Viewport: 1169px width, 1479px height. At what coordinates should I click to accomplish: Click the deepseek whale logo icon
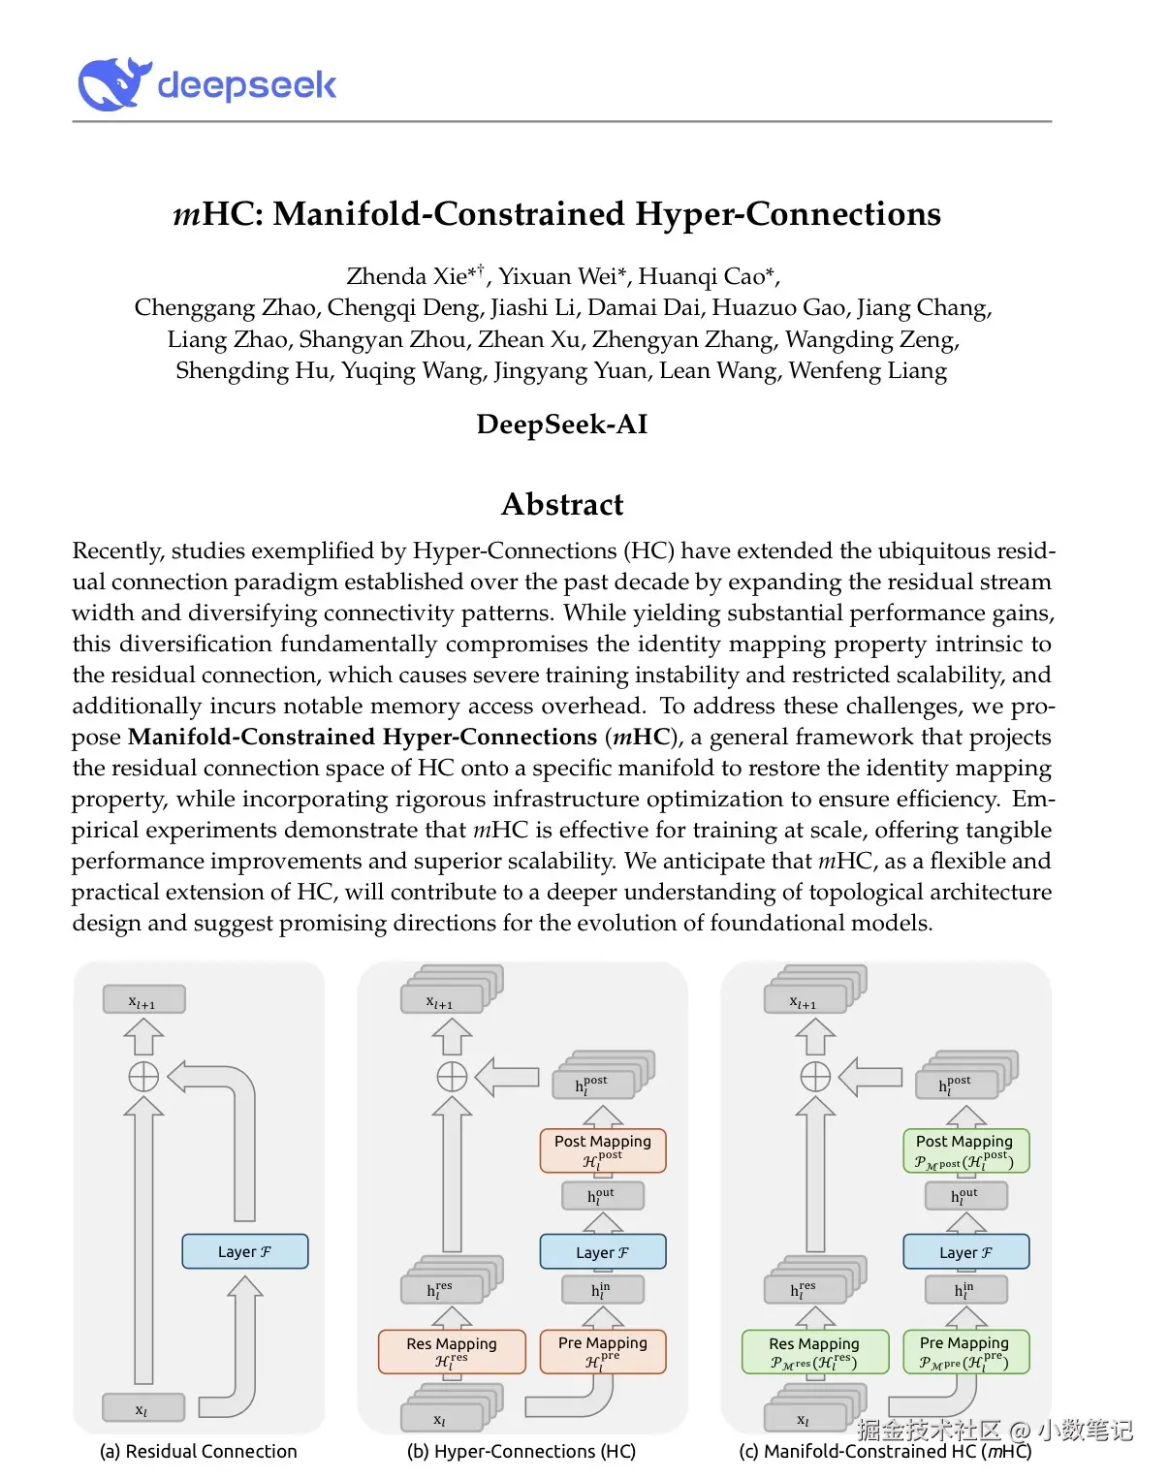click(114, 83)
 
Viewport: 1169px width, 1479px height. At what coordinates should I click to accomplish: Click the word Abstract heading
click(562, 505)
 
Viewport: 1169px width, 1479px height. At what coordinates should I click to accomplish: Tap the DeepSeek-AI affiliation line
click(562, 425)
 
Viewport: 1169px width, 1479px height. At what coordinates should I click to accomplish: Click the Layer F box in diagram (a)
click(245, 1251)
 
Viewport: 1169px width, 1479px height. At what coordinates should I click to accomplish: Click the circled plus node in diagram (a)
click(143, 1077)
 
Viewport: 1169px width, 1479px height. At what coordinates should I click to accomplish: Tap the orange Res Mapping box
click(452, 1351)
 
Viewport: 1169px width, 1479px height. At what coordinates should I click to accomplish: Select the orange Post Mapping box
click(603, 1150)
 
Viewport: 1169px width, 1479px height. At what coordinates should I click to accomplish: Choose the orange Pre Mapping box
click(603, 1351)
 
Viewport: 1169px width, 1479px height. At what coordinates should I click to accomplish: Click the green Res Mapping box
click(814, 1351)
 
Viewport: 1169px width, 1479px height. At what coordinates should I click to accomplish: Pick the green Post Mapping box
click(965, 1150)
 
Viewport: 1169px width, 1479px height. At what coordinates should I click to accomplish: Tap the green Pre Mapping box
click(965, 1351)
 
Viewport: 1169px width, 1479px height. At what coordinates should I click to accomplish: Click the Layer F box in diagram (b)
click(603, 1251)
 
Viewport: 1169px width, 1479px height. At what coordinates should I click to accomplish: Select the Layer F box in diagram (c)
click(965, 1251)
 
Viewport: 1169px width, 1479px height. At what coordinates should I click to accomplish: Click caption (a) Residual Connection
click(199, 1451)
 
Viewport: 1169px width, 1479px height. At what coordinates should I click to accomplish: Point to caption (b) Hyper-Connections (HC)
click(521, 1451)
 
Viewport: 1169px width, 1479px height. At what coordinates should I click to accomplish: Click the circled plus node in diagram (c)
click(815, 1077)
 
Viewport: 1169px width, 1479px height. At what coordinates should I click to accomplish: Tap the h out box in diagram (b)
click(602, 1196)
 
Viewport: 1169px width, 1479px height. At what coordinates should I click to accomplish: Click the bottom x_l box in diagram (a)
click(143, 1408)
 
